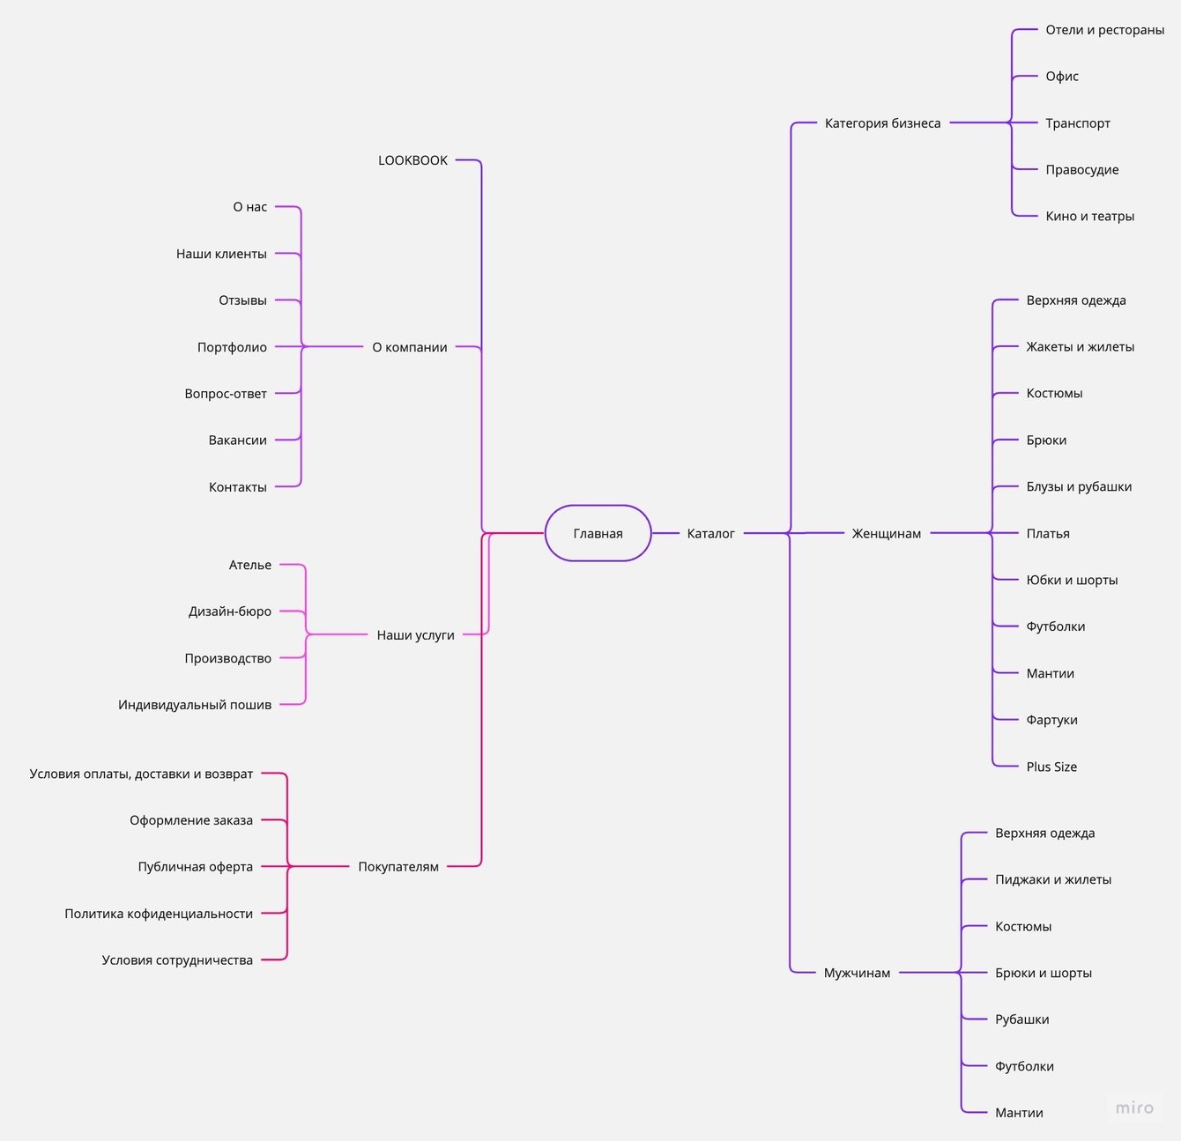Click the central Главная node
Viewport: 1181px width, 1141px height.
[x=598, y=533]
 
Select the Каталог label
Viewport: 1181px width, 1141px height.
[x=710, y=533]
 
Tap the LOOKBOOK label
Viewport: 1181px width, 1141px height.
[x=412, y=160]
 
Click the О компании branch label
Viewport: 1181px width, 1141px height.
[x=409, y=347]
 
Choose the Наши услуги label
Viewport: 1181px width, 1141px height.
[x=415, y=634]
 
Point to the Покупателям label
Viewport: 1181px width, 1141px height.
[x=398, y=867]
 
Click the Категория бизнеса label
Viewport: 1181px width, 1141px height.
[x=882, y=123]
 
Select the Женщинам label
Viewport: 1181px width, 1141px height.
[x=886, y=533]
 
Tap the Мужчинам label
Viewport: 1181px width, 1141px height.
[x=857, y=973]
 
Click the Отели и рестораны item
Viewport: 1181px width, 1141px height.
[x=1104, y=30]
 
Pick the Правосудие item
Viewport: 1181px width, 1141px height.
[x=1081, y=170]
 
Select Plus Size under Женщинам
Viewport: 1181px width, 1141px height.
[x=1051, y=767]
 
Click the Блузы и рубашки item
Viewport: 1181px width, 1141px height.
[x=1079, y=486]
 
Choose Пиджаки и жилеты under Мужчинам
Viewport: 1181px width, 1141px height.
[x=1053, y=879]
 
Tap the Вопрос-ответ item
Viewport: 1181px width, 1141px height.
[x=226, y=394]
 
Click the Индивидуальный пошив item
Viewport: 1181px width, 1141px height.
[x=195, y=705]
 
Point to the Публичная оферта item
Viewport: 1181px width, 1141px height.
[x=196, y=867]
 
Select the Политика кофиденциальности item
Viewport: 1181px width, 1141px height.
[x=159, y=914]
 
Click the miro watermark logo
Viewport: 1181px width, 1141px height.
[x=1134, y=1108]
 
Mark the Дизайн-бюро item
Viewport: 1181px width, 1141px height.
[x=230, y=611]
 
